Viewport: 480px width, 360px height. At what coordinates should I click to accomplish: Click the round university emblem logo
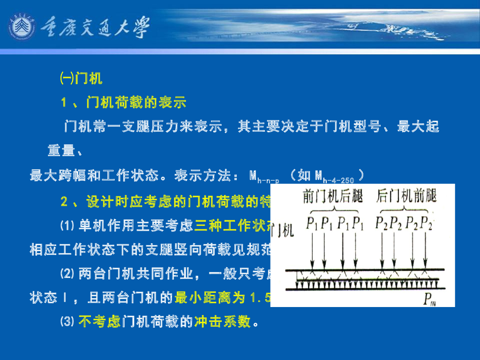tap(22, 28)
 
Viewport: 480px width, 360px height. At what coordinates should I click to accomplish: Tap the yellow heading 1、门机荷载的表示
tap(124, 102)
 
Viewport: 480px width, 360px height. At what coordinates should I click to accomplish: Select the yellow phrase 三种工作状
tap(232, 226)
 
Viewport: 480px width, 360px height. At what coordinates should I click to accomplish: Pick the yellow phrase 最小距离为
tap(210, 297)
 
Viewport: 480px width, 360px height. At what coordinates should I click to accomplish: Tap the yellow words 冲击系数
tap(222, 322)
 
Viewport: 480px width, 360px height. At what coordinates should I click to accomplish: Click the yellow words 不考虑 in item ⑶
tap(100, 322)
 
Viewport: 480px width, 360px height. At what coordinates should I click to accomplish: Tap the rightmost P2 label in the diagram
tap(427, 223)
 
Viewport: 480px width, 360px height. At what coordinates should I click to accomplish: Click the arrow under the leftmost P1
tap(312, 248)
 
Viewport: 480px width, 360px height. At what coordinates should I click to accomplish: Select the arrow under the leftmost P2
tap(382, 248)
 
